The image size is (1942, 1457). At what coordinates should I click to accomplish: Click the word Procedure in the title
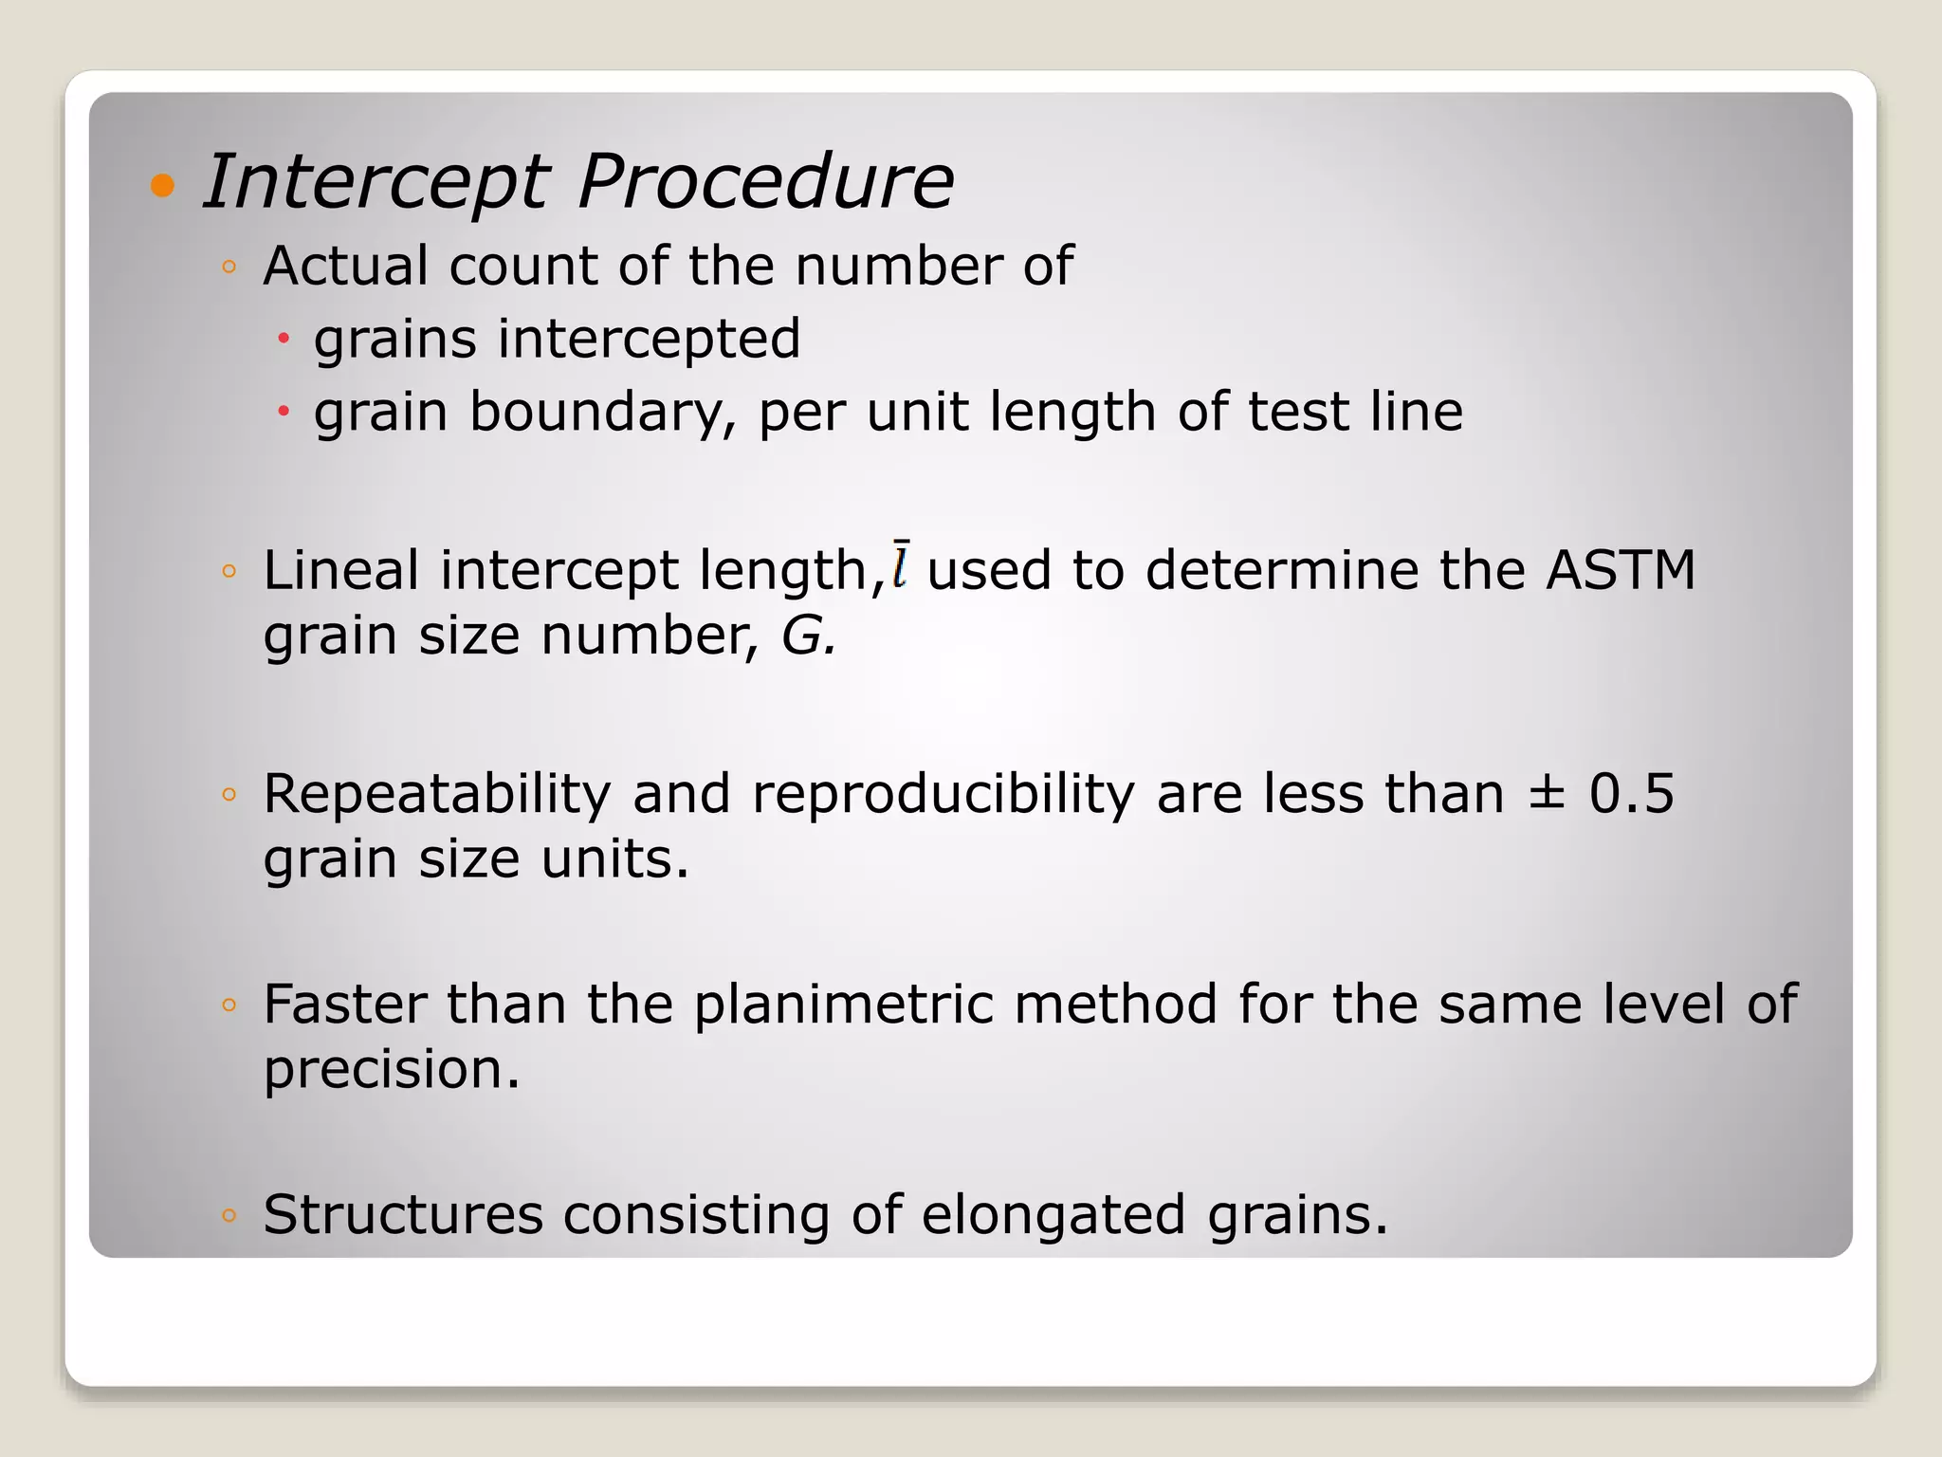764,182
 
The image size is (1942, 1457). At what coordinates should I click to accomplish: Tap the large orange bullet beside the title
163,184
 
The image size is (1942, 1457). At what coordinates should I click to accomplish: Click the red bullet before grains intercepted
283,338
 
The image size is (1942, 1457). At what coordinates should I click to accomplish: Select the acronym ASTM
1620,570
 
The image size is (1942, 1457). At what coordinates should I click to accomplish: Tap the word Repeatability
436,794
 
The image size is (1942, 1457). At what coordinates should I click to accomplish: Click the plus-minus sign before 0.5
1547,794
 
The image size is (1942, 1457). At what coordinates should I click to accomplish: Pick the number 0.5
1632,794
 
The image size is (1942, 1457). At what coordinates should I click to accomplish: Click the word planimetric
844,1005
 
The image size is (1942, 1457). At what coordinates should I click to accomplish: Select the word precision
391,1070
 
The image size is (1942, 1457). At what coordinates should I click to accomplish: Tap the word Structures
403,1214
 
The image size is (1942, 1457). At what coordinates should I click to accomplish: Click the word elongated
1053,1216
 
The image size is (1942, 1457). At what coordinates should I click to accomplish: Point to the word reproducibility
944,794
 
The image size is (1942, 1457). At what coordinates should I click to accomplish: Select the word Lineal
340,570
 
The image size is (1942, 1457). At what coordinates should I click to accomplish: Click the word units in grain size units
614,859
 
